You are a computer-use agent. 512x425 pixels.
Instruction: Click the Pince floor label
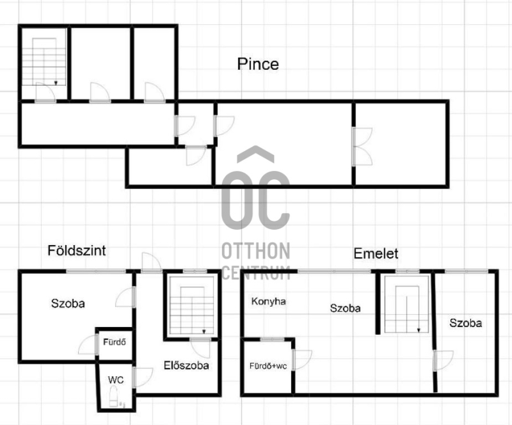258,64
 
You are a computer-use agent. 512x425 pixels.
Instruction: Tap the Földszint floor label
77,250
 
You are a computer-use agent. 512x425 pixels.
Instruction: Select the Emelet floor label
376,253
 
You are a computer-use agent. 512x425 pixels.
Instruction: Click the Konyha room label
268,301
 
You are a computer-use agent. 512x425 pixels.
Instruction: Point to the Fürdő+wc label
268,366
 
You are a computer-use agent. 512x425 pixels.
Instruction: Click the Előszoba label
186,365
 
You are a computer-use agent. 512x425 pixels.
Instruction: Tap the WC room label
116,380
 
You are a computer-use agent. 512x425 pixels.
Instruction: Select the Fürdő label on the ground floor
115,342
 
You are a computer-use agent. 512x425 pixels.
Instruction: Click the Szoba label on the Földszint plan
68,303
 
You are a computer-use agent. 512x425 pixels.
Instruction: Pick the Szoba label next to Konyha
345,308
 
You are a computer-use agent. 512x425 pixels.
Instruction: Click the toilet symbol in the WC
113,396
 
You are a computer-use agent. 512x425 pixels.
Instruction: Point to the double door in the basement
362,147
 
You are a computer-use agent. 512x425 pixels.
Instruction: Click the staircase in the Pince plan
44,61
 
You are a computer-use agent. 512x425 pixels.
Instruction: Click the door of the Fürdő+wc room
302,360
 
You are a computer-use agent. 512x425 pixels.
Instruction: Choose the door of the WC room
143,378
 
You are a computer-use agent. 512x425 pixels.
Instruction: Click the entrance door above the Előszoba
152,262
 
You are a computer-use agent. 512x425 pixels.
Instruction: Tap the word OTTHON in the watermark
255,251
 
